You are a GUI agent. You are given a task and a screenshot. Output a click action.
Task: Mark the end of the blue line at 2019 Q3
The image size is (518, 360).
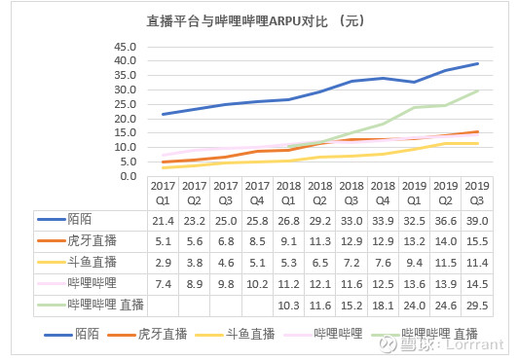tap(478, 63)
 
